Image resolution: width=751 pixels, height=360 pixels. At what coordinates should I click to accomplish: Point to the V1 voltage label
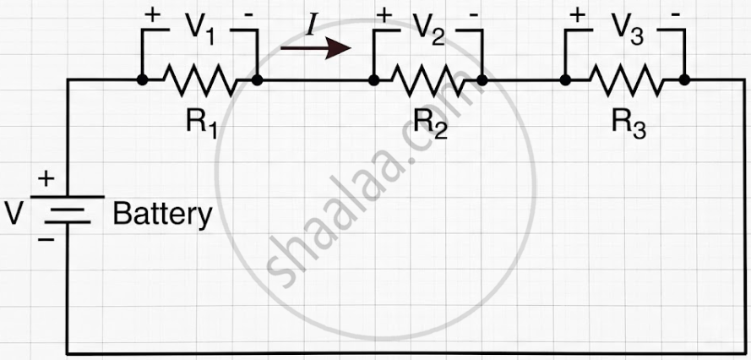tap(199, 30)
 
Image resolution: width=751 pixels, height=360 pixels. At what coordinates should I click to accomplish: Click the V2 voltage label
tap(427, 30)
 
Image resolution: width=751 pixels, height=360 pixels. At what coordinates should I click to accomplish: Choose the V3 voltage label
tap(628, 30)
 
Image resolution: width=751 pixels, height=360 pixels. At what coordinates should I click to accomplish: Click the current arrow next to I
tap(316, 48)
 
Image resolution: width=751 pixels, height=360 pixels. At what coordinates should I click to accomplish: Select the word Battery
tap(162, 215)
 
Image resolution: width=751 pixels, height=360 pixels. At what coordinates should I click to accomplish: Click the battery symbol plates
tap(67, 210)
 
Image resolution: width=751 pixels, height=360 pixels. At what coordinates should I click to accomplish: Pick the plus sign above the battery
tap(46, 180)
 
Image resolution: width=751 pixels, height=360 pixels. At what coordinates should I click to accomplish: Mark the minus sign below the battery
tap(46, 238)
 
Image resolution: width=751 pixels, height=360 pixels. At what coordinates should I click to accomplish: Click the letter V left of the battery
tap(14, 213)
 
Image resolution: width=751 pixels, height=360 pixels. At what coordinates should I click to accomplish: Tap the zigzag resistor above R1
tap(199, 80)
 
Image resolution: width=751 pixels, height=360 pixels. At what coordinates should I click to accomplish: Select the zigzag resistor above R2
tap(428, 80)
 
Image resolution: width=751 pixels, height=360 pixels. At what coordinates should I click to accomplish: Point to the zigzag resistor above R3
tap(626, 80)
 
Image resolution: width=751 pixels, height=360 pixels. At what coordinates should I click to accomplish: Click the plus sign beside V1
tap(152, 15)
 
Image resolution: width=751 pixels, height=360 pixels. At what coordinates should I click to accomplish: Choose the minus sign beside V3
tap(675, 15)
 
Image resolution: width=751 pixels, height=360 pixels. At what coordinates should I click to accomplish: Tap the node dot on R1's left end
tap(142, 80)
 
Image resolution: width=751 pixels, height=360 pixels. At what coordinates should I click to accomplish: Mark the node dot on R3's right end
tap(684, 80)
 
